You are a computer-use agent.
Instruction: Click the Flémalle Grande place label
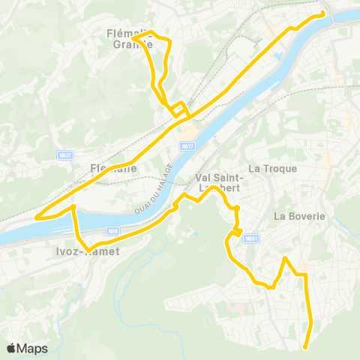[130, 37]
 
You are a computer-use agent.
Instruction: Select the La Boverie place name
[299, 217]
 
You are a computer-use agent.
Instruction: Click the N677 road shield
[65, 155]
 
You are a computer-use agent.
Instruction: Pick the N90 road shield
[112, 231]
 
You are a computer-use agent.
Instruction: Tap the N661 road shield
[251, 239]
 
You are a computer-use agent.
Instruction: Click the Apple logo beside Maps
[11, 348]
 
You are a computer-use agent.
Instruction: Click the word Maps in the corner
[32, 348]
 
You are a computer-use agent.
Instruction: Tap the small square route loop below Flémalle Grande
[178, 109]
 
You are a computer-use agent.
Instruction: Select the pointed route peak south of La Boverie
[285, 259]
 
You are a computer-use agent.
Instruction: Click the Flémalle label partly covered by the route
[108, 169]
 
